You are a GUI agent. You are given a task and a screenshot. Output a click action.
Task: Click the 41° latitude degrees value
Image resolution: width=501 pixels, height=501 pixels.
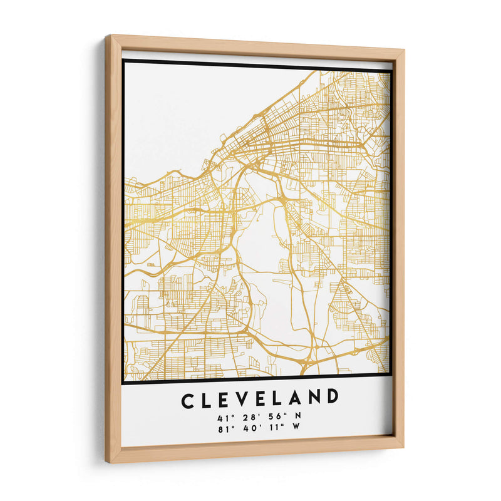point(224,418)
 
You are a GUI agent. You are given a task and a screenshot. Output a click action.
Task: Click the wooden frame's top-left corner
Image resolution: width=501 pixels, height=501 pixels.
point(106,36)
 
